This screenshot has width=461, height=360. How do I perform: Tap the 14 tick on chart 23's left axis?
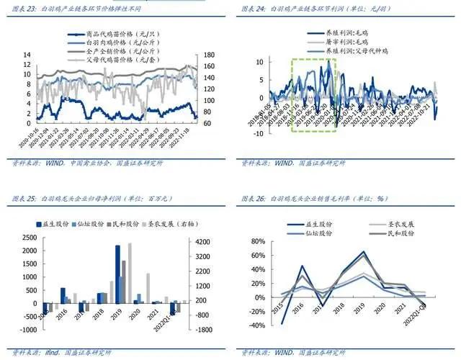(x=27, y=55)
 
